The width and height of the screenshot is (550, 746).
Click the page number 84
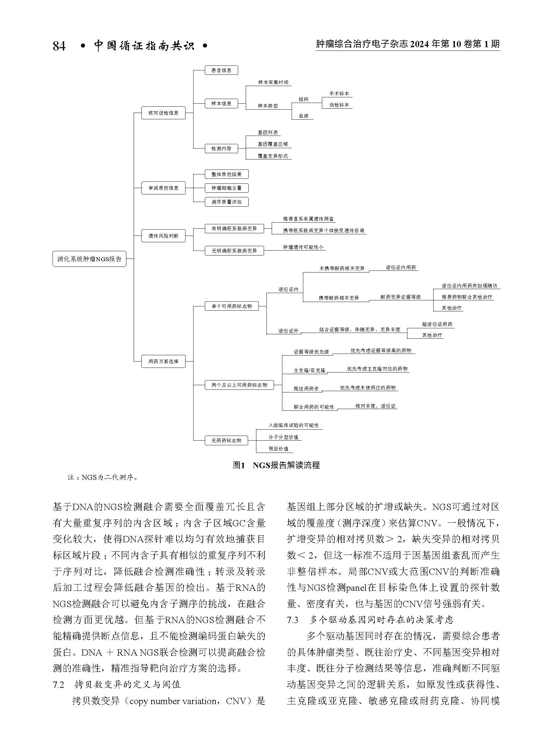(x=59, y=46)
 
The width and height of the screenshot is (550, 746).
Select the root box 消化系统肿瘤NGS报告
(x=89, y=259)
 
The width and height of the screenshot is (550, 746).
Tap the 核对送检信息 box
(x=163, y=113)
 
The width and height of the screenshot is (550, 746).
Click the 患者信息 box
(x=221, y=70)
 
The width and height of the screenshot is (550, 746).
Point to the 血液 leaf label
(x=303, y=116)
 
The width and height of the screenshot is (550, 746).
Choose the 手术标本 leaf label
(x=339, y=94)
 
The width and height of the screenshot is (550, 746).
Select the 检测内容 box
(x=221, y=149)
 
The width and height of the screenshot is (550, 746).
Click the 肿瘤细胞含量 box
(x=226, y=188)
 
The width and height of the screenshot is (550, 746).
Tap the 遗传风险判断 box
(x=163, y=236)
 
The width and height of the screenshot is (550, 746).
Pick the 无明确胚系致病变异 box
(x=234, y=251)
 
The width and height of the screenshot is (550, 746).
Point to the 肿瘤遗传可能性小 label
(x=303, y=247)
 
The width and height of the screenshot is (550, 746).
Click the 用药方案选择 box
(x=163, y=361)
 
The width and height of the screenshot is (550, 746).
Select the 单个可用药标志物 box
(x=232, y=306)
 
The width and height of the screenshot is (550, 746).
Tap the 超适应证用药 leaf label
(x=437, y=324)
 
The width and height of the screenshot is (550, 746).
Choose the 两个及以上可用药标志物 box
(x=239, y=385)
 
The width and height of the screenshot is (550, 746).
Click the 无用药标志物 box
(x=226, y=441)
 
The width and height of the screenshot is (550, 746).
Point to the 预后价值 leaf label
(x=278, y=449)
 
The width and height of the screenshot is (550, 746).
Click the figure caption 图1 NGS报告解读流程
(x=276, y=465)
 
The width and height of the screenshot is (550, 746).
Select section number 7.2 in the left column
(x=58, y=685)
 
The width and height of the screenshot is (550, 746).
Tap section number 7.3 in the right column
(x=293, y=619)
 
